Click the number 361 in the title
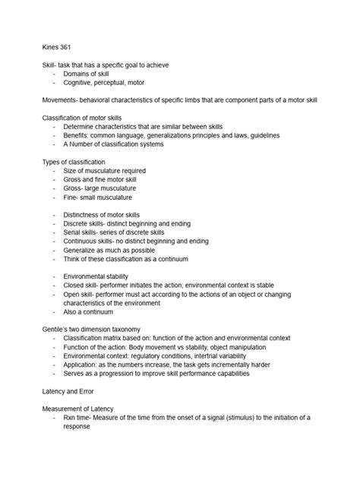pos(67,47)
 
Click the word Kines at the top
pos(50,47)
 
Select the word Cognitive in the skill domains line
pos(80,83)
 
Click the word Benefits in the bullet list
pos(78,135)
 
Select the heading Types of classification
pos(73,162)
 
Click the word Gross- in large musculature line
pos(74,188)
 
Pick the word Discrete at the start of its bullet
pos(79,224)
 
